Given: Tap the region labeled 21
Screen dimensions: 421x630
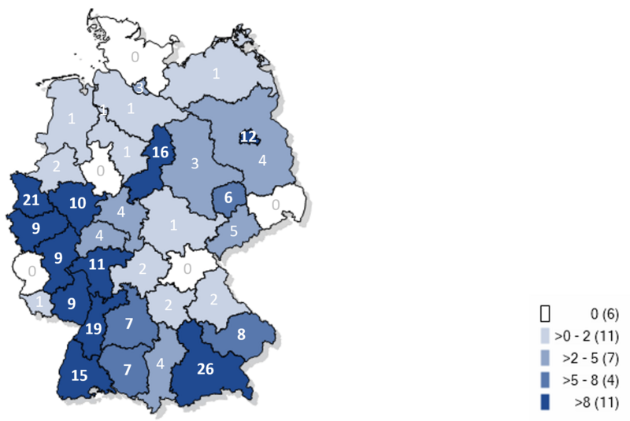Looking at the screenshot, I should [31, 201].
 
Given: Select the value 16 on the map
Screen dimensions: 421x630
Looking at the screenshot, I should [160, 153].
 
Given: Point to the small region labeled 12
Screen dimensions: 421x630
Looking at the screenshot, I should [249, 137].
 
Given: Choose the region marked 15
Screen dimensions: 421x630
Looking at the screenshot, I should [78, 376].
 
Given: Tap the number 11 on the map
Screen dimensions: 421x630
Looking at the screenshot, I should [97, 265].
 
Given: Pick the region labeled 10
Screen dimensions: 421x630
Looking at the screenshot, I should [78, 202].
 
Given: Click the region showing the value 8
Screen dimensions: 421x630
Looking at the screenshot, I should [241, 333].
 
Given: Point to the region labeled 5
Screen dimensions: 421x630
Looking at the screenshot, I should [234, 231].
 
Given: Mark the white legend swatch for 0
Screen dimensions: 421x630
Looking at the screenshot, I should [543, 314].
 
